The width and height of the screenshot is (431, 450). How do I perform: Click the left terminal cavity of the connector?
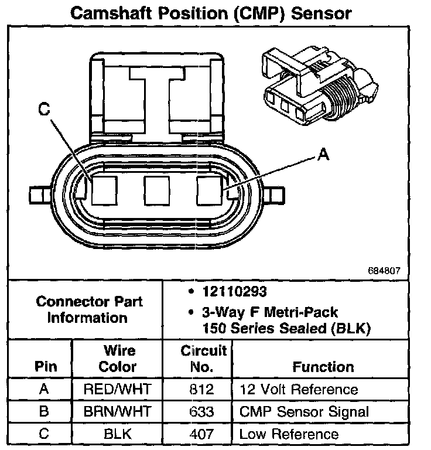coord(104,190)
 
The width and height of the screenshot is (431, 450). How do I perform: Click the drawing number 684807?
coord(384,271)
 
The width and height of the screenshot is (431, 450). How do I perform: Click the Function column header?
coord(323,367)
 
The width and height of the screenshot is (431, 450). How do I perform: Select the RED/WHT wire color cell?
coord(117,390)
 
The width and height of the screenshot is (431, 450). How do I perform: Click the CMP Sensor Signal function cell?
coord(304,411)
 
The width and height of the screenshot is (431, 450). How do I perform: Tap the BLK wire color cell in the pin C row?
coord(117,434)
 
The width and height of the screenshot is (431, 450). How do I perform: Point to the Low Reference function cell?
coord(289,434)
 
